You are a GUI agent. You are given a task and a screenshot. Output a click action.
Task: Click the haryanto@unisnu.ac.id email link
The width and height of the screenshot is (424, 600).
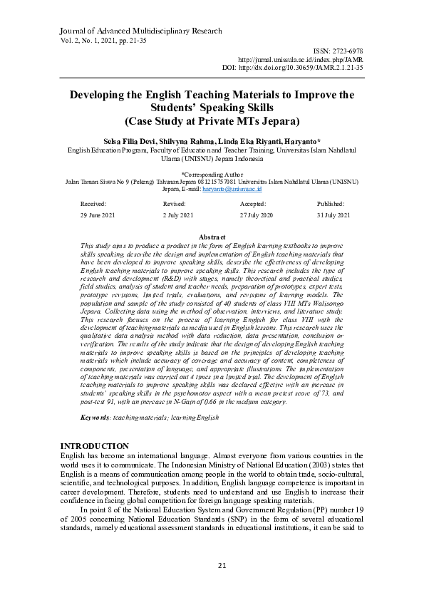[233, 190]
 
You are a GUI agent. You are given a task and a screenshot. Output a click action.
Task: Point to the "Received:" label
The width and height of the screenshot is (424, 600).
[93, 204]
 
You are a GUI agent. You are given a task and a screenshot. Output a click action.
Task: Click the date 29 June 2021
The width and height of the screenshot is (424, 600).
[98, 215]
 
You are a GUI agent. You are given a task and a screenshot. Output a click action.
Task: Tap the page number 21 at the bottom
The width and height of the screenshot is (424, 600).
[212, 565]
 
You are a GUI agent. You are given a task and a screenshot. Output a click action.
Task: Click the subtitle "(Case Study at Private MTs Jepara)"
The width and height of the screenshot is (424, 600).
[212, 120]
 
